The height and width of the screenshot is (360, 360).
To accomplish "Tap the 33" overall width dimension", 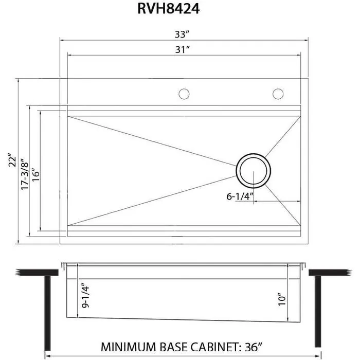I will [x=183, y=34].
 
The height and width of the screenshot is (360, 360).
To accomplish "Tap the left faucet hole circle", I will [x=184, y=94].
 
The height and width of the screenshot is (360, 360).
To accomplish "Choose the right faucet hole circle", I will [x=278, y=94].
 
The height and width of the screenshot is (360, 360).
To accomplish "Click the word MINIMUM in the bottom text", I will [x=131, y=346].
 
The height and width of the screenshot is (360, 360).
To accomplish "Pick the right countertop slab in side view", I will [x=329, y=272].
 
